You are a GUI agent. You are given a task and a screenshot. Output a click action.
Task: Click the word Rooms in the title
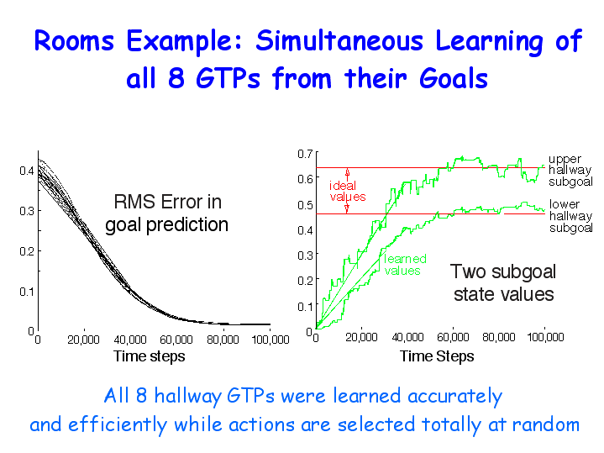coord(74,40)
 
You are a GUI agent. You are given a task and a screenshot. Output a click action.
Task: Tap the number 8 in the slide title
coord(176,78)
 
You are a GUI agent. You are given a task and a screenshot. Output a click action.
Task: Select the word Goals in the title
coord(454,78)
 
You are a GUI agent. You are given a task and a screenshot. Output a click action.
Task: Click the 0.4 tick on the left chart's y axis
coord(27,171)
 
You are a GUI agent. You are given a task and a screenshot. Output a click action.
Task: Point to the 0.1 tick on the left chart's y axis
coord(27,292)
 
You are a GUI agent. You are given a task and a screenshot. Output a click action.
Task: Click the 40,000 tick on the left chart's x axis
coord(130,340)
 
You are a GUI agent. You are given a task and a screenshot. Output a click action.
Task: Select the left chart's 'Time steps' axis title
coord(149,356)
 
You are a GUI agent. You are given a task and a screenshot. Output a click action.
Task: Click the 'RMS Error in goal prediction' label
coord(167,213)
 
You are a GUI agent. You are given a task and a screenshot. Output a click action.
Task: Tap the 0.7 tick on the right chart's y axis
coord(305,154)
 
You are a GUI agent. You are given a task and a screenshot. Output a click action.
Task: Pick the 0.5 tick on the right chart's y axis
coord(305,205)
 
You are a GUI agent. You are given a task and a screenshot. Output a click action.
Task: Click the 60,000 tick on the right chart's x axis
coord(453,337)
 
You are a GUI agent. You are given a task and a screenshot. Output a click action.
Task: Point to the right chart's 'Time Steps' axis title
coord(437,356)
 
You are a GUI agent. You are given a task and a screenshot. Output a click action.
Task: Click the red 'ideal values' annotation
coord(348,192)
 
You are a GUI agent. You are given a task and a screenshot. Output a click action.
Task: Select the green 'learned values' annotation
coord(405,265)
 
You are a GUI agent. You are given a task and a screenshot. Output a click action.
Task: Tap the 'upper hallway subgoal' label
coord(570,171)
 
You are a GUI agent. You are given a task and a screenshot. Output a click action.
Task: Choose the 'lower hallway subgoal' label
coord(571,216)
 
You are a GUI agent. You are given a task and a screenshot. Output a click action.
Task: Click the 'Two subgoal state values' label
coord(503,282)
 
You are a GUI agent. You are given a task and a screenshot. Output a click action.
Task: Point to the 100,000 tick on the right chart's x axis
coord(545,337)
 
